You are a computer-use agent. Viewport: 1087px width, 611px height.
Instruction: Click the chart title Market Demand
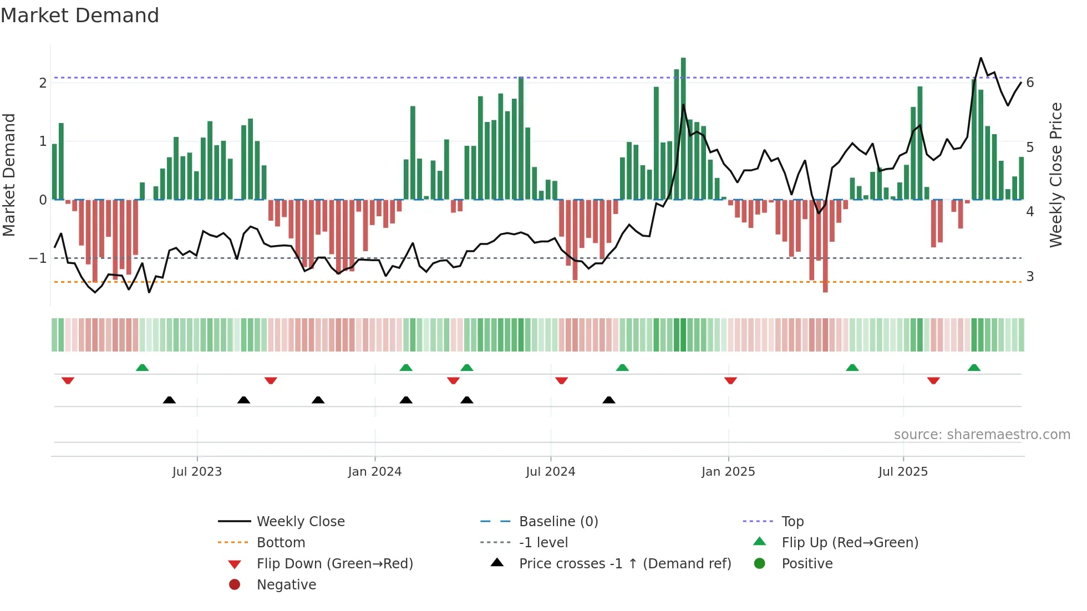(80, 16)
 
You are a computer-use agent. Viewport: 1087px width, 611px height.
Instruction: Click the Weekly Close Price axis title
(1056, 175)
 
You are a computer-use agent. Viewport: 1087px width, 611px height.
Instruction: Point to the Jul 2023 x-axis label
(197, 472)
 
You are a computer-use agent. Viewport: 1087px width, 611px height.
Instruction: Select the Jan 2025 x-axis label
(728, 472)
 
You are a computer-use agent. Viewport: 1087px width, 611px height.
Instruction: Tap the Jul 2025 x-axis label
(903, 472)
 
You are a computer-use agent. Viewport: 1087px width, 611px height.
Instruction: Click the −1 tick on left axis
(38, 258)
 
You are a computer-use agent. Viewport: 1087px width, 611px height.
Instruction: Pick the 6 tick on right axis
(1030, 83)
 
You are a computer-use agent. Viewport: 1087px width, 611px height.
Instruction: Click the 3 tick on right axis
(1030, 277)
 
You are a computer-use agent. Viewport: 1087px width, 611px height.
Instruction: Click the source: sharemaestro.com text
(982, 435)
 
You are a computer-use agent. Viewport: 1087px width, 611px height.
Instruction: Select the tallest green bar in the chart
(683, 128)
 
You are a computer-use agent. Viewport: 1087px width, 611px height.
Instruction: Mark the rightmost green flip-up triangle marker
(974, 368)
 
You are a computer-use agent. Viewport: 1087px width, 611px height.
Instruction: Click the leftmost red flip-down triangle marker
(68, 380)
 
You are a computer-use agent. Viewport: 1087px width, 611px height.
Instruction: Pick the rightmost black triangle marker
(609, 400)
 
